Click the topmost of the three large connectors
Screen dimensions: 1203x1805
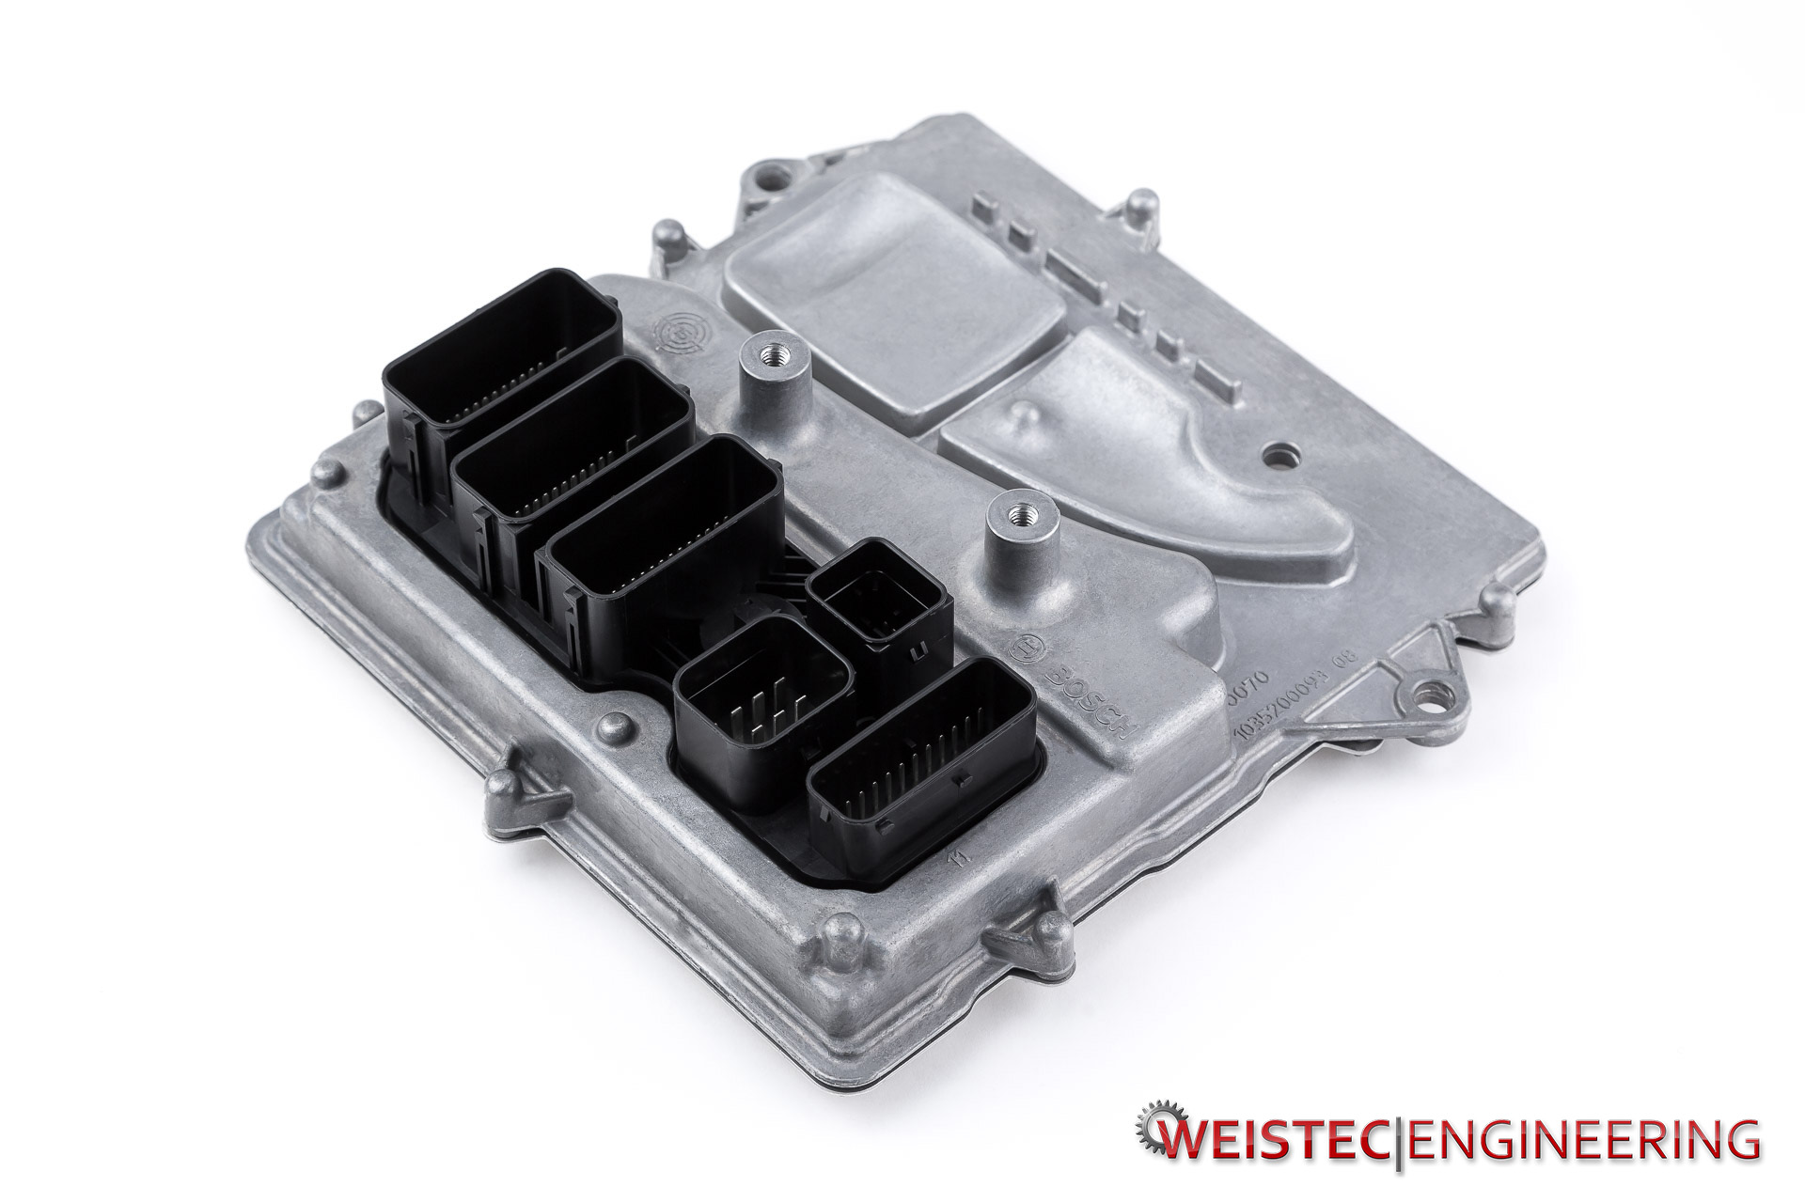pyautogui.click(x=498, y=338)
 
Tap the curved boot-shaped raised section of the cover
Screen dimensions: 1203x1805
pyautogui.click(x=1156, y=442)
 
